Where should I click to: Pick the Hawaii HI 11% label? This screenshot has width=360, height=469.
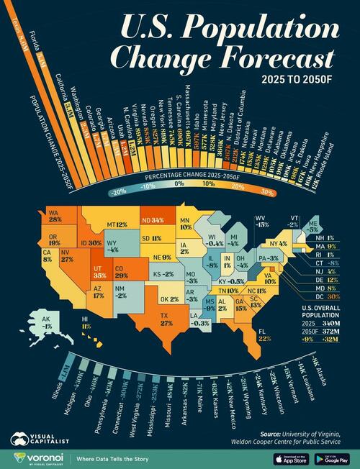[86, 322]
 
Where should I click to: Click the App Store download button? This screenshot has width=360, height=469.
[289, 458]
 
